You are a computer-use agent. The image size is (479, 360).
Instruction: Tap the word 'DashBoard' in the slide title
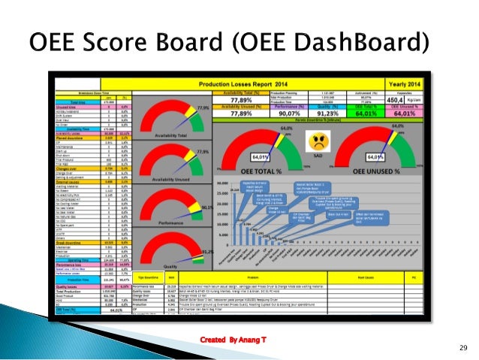pyautogui.click(x=354, y=39)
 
